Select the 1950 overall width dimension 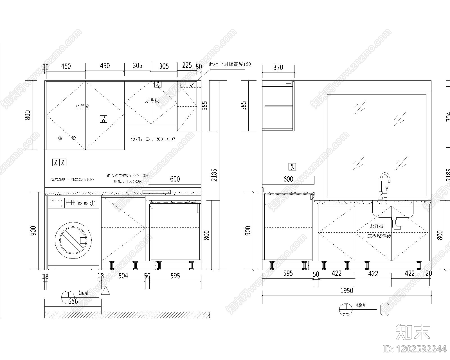pyautogui.click(x=346, y=291)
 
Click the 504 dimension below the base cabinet pyautogui.click(x=123, y=276)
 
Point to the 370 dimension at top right pyautogui.click(x=278, y=67)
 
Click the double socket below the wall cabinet pyautogui.click(x=59, y=162)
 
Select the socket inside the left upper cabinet pyautogui.click(x=103, y=119)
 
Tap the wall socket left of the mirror pyautogui.click(x=292, y=167)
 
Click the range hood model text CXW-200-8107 pyautogui.click(x=153, y=139)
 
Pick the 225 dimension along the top pyautogui.click(x=187, y=66)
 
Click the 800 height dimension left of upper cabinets pyautogui.click(x=28, y=115)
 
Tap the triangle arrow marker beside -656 pyautogui.click(x=105, y=291)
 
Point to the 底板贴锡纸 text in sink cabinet pyautogui.click(x=379, y=236)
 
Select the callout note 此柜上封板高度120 pyautogui.click(x=230, y=64)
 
